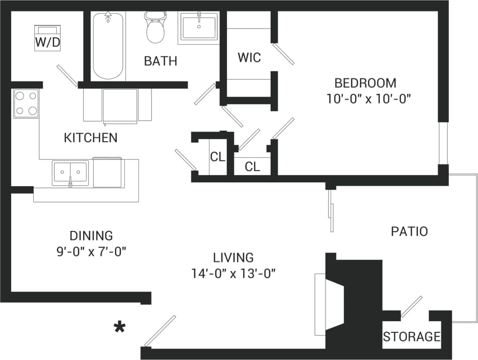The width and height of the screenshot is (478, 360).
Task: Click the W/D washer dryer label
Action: coord(47,43)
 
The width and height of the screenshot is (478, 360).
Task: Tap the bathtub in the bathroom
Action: coord(108,46)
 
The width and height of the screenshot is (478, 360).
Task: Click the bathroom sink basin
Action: coord(199,26)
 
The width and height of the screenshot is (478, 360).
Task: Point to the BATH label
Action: coord(161,61)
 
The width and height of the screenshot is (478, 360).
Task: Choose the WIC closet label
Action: coord(250,58)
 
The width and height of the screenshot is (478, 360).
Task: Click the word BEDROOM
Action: coord(365,83)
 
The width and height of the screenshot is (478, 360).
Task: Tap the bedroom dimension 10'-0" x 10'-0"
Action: coord(369,99)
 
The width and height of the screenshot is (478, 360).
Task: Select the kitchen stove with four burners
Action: coord(26,104)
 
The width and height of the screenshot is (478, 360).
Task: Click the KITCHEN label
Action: coord(91,138)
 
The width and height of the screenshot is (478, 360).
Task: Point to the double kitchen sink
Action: coord(70,173)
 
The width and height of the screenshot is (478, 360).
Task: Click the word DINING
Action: coord(91,235)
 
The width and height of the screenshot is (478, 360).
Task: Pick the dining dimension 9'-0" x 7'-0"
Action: coord(91,251)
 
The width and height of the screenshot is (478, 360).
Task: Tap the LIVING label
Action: coord(233,258)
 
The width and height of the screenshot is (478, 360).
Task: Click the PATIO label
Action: coord(409,231)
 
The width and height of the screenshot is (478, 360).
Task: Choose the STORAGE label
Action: coord(412,336)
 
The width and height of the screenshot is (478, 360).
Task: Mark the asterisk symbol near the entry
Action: coord(119,328)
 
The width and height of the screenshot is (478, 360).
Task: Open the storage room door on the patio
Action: coord(412,307)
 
